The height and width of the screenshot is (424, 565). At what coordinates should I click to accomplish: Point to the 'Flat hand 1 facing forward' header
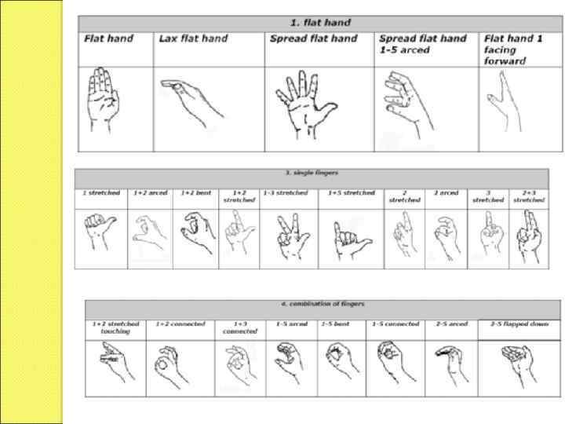click(516, 49)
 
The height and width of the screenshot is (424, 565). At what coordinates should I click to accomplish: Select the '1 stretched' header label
click(100, 193)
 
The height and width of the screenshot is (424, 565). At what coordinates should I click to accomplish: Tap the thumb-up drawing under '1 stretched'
click(100, 233)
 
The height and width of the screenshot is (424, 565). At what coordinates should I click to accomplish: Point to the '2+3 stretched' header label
click(528, 196)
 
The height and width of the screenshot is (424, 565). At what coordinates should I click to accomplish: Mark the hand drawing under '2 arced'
click(445, 234)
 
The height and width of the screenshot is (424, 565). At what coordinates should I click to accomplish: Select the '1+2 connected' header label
click(180, 323)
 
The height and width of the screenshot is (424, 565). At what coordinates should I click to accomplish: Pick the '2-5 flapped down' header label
click(519, 323)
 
